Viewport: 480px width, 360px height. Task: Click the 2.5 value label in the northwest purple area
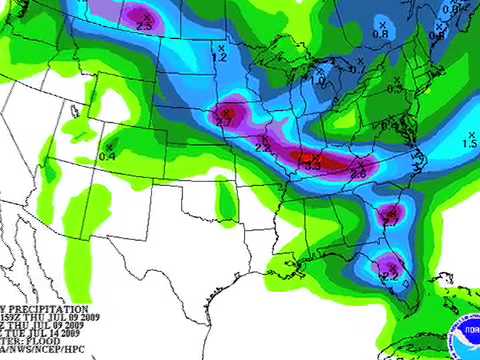[x=144, y=23]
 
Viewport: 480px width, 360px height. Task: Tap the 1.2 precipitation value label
[x=220, y=59]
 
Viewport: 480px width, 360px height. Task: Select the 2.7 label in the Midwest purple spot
[x=226, y=120]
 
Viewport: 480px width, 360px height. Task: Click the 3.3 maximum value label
[x=313, y=164]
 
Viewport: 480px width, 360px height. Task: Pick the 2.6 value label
[x=357, y=174]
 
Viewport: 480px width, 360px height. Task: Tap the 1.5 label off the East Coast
[x=469, y=145]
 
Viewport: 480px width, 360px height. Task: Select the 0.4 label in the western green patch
[x=108, y=156]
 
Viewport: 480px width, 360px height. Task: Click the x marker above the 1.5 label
[x=471, y=132]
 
